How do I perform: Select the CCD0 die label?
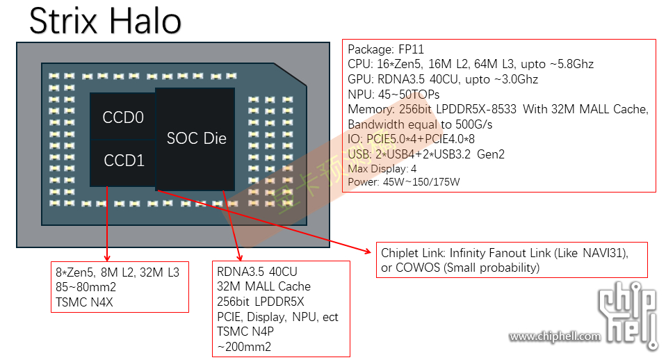click(123, 117)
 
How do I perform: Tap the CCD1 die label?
click(124, 161)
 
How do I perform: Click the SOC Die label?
click(197, 138)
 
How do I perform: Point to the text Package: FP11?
click(385, 49)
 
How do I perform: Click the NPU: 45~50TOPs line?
click(393, 94)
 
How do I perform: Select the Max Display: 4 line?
click(382, 169)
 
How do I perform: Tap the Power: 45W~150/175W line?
click(403, 182)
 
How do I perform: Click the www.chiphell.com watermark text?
click(554, 337)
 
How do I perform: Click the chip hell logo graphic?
click(628, 316)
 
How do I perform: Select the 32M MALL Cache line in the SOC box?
click(263, 286)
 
